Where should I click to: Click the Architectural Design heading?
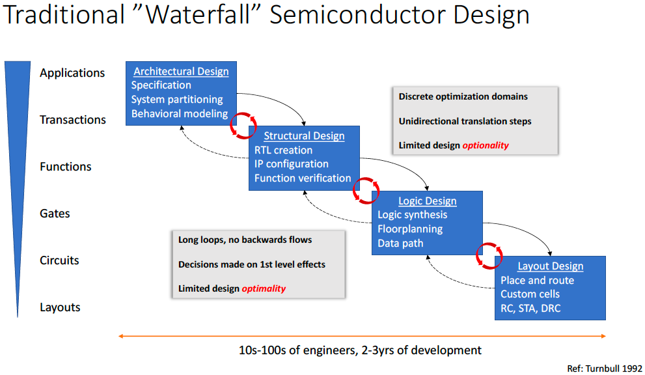click(181, 72)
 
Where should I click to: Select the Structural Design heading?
click(304, 136)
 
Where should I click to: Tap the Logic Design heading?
click(427, 201)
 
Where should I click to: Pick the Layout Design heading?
click(550, 266)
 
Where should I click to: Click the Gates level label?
click(55, 214)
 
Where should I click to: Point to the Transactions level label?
click(72, 120)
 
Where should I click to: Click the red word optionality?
click(485, 145)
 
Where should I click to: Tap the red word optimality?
click(264, 288)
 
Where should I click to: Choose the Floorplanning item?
click(410, 229)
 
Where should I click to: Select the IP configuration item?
click(291, 164)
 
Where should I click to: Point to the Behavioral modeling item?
click(179, 113)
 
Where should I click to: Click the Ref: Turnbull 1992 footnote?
click(605, 368)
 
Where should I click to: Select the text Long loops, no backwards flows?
click(245, 240)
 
